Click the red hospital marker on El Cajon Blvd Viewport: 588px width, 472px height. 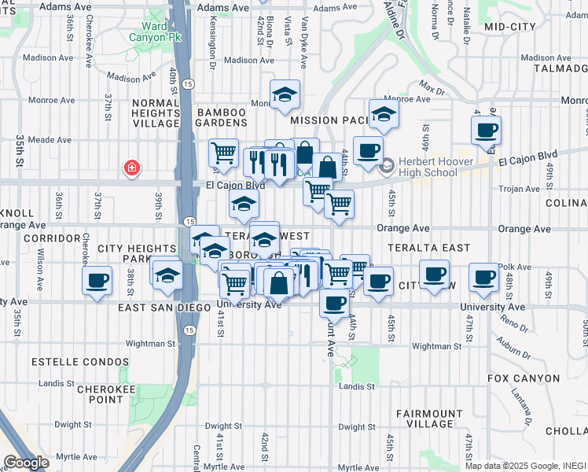132,168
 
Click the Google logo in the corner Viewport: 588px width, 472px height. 26,462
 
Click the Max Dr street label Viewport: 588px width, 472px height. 432,85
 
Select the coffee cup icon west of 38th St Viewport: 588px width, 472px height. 97,280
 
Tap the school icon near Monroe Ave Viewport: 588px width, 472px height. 285,94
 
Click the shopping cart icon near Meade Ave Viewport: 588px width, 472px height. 224,152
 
